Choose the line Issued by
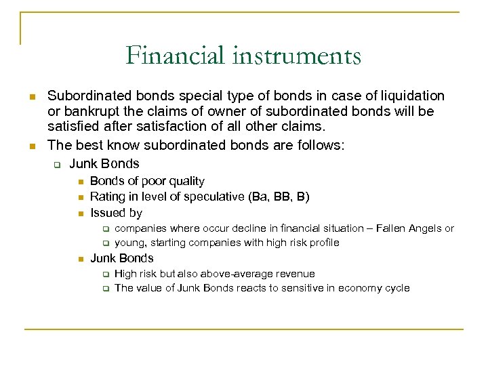(x=116, y=213)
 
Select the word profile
(x=322, y=242)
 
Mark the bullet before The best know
(x=31, y=145)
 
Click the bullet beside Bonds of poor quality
(x=79, y=182)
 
